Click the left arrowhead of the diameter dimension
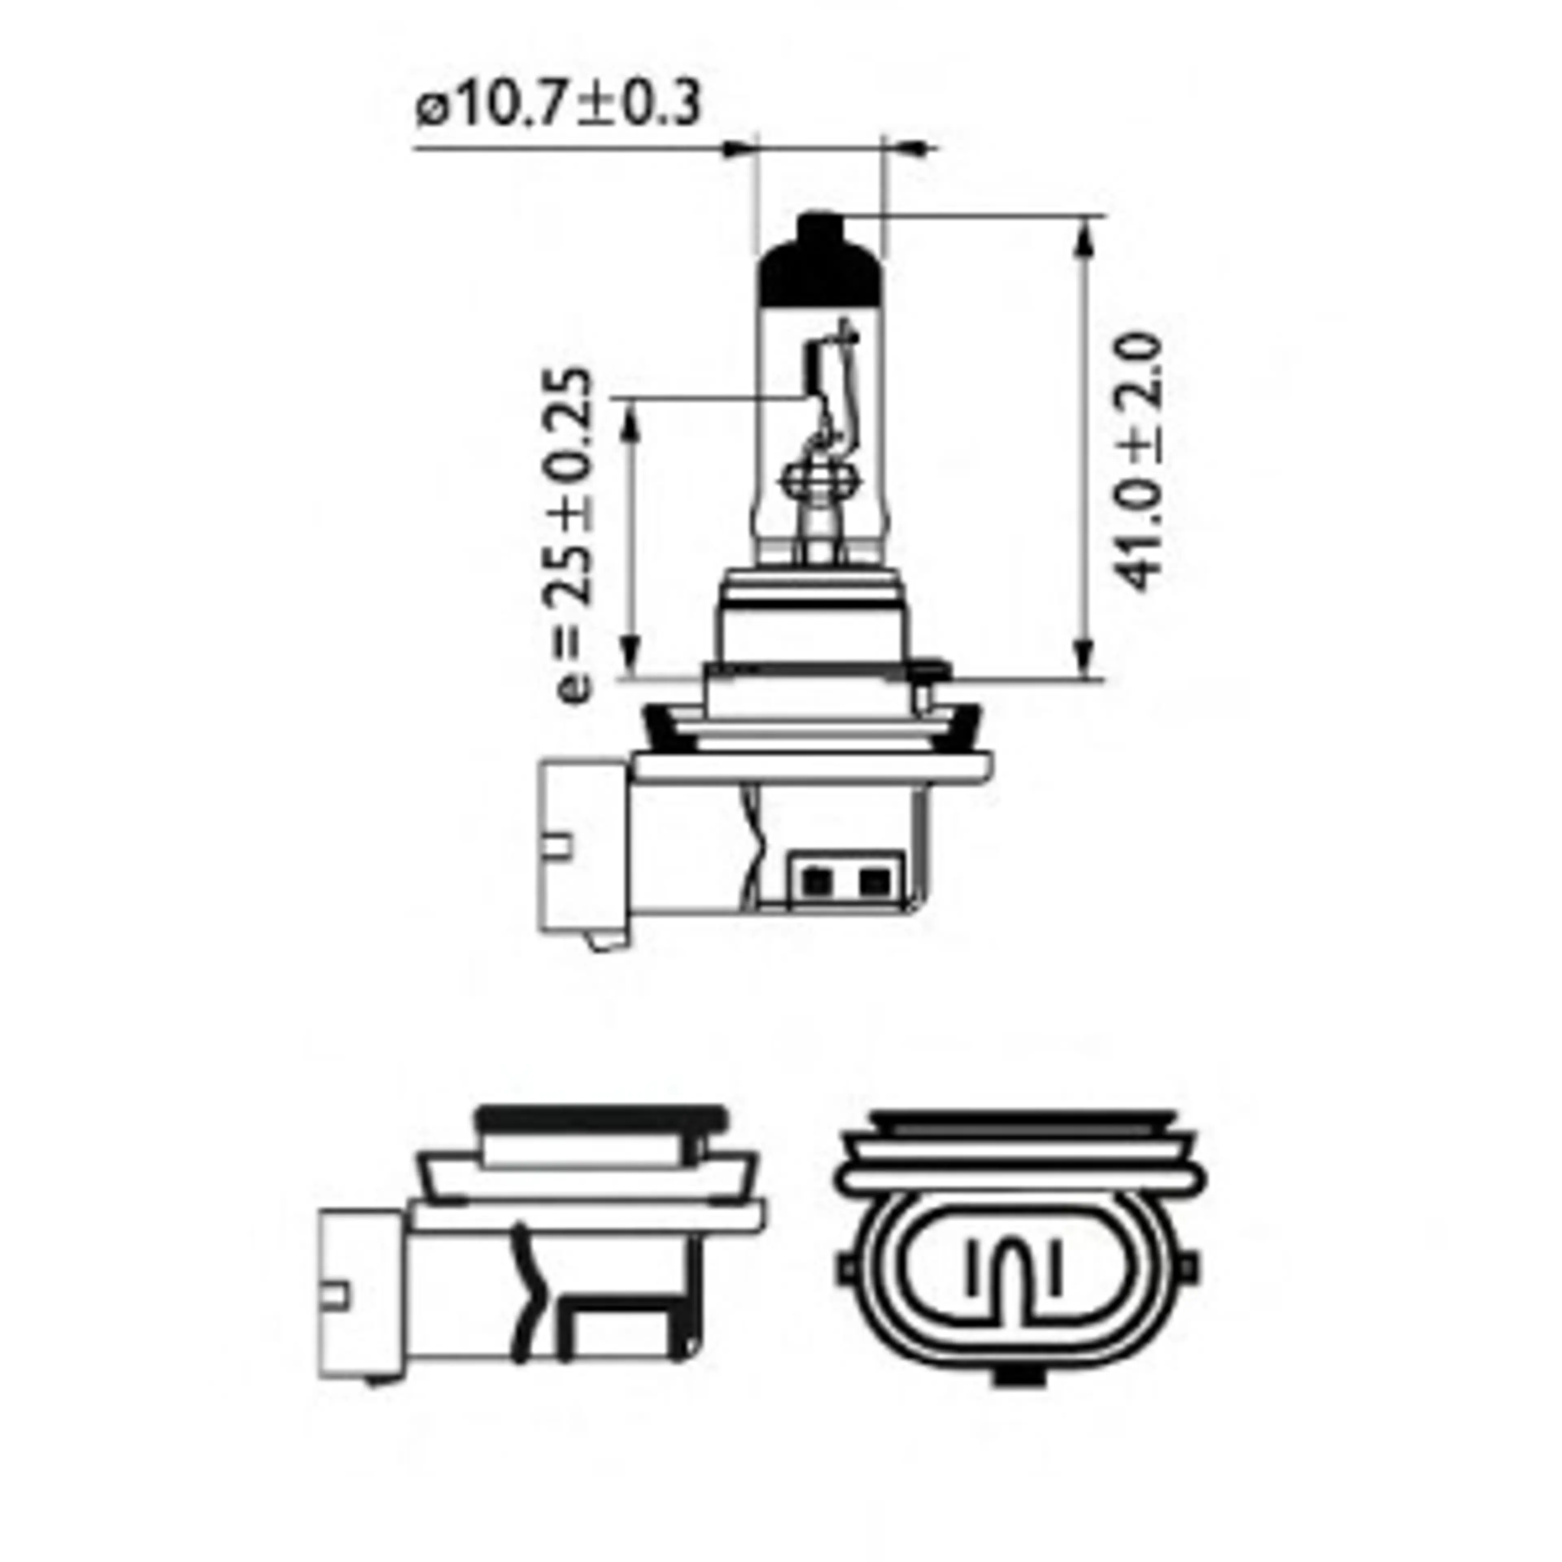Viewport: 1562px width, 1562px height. pyautogui.click(x=737, y=149)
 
